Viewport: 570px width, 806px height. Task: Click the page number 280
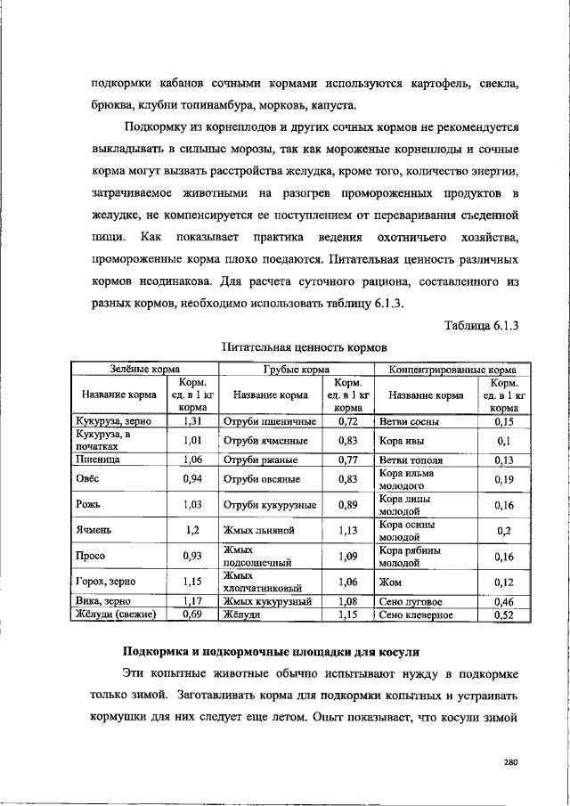coord(510,761)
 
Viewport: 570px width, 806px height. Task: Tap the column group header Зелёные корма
coord(138,368)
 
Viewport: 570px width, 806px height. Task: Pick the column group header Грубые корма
coord(297,368)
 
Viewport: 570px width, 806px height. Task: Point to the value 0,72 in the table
coord(347,420)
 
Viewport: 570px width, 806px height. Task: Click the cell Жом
coord(390,582)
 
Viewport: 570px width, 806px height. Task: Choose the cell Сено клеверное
coord(416,615)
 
